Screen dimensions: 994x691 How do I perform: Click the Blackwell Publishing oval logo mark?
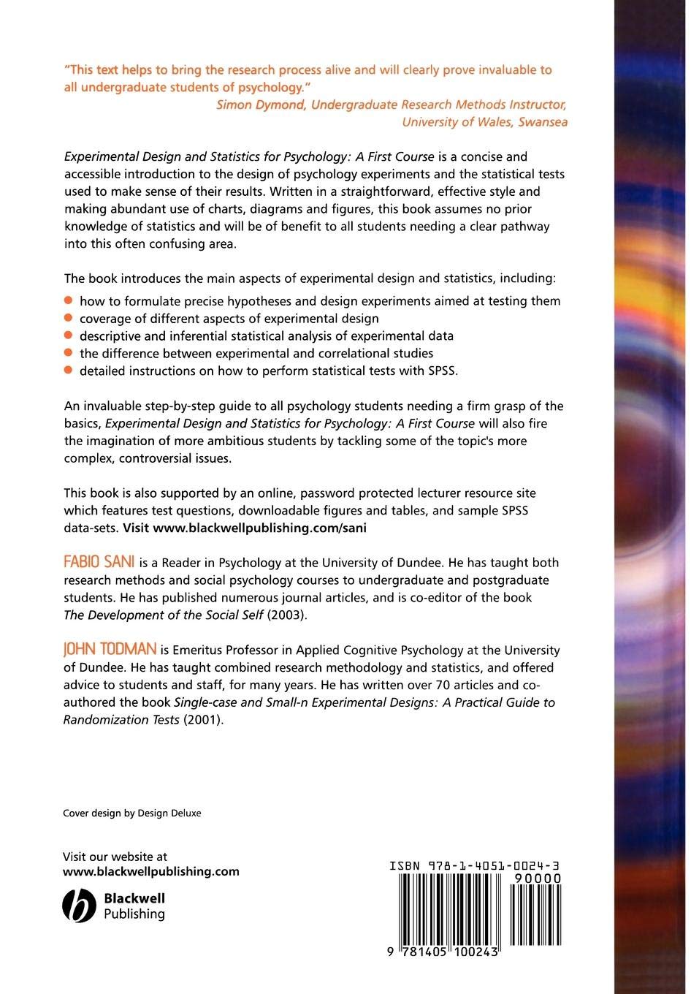click(79, 906)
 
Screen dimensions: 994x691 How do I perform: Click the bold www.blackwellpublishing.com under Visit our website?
click(151, 871)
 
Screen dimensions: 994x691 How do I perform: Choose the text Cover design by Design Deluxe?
click(132, 813)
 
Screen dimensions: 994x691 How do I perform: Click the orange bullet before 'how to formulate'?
click(69, 300)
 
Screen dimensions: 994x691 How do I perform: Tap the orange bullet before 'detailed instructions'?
click(69, 371)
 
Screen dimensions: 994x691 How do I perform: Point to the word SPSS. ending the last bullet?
click(443, 371)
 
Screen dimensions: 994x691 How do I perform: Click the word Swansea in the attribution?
click(543, 122)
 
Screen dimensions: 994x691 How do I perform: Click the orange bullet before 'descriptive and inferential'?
click(69, 335)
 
